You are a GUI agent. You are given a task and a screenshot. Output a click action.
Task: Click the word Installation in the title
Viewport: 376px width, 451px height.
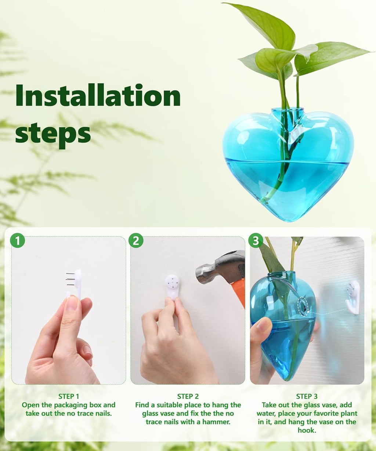[98, 95]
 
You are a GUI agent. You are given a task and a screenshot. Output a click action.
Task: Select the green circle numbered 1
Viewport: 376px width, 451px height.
[17, 241]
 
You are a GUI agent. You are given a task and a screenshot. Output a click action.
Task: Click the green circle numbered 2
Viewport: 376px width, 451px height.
[136, 241]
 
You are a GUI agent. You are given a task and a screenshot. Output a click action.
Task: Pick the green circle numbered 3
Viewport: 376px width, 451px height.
[256, 241]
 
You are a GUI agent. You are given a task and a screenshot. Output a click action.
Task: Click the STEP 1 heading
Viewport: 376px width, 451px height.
[69, 396]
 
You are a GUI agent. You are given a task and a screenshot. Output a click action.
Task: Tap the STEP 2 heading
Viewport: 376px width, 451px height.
[188, 396]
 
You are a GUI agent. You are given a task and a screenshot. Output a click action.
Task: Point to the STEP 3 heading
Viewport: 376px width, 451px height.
[307, 396]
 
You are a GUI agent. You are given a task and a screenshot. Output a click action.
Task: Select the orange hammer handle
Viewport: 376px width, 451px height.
[239, 290]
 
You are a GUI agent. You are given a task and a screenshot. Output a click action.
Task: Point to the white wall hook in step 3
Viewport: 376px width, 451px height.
[353, 297]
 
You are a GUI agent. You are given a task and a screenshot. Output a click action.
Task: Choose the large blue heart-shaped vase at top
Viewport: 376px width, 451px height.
[288, 165]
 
